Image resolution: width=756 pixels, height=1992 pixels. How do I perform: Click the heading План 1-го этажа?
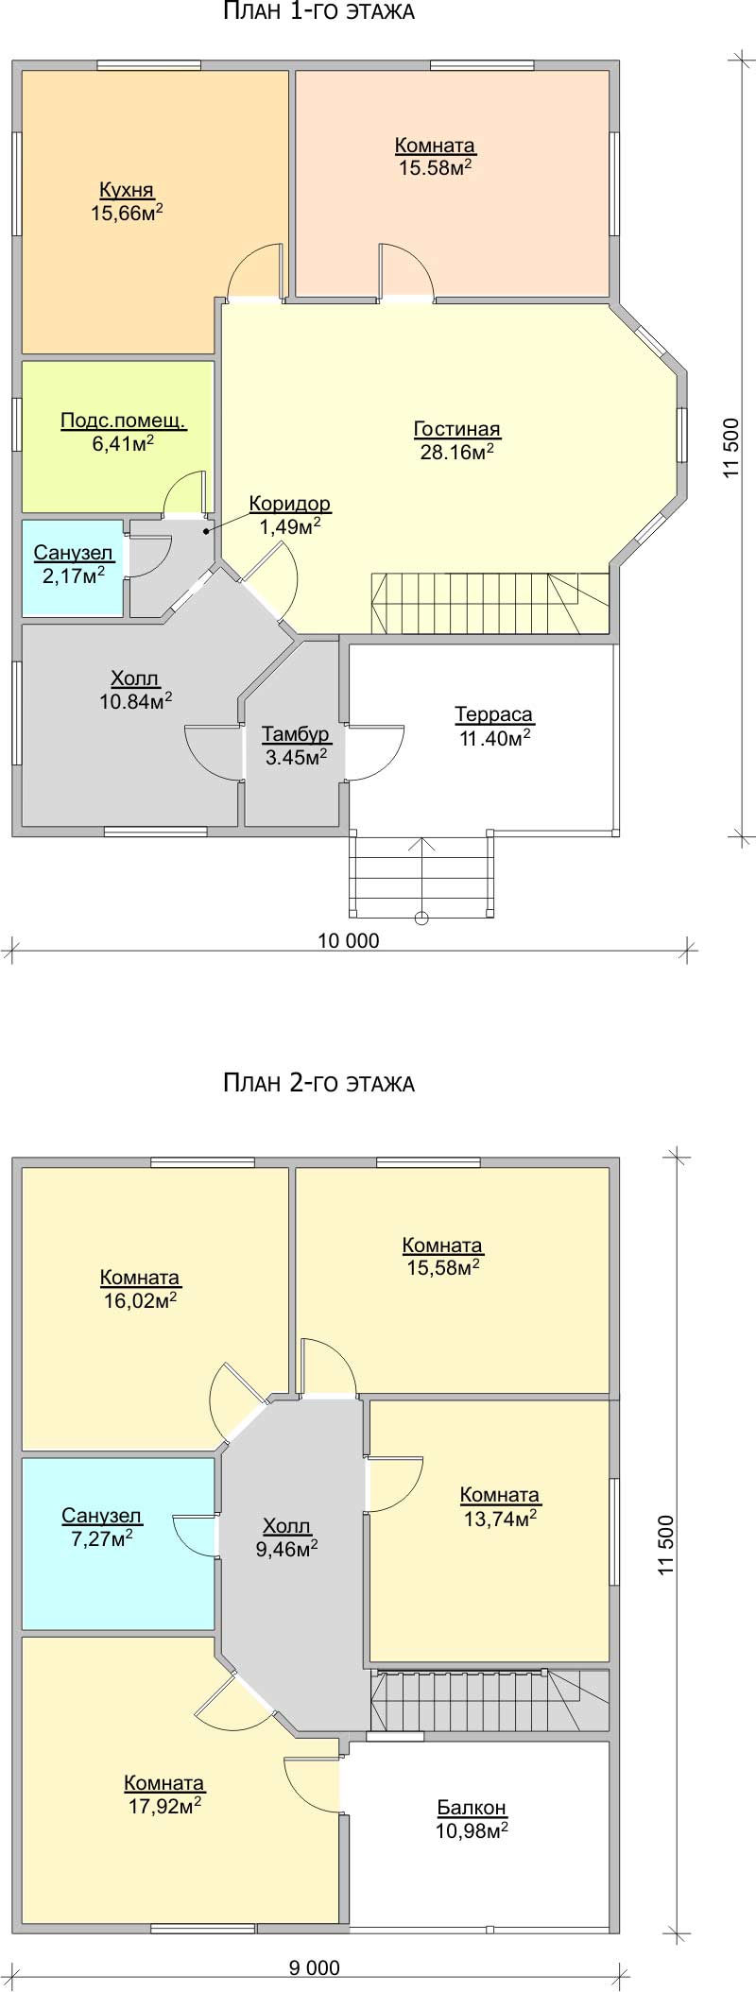point(318,12)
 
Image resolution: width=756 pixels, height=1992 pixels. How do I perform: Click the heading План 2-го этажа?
point(318,1083)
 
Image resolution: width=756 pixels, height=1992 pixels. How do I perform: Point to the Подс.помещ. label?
point(124,421)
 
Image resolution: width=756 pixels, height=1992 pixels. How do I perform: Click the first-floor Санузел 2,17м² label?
point(74,563)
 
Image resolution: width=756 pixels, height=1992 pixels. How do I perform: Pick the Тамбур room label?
point(296,733)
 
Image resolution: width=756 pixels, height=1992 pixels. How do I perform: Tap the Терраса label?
point(494,714)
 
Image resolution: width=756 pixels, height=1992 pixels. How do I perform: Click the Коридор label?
point(290,504)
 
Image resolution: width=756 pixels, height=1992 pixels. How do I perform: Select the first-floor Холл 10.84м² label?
point(135,689)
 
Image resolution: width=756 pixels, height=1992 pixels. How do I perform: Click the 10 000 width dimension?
point(348,940)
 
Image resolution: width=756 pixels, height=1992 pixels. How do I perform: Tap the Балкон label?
point(472,1807)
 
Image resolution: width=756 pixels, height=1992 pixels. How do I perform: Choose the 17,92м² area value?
point(163,1805)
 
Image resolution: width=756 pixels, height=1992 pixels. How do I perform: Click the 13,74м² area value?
point(500,1517)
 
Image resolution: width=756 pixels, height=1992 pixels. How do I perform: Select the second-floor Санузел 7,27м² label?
point(102,1527)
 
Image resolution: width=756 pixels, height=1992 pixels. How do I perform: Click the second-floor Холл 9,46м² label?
point(286,1537)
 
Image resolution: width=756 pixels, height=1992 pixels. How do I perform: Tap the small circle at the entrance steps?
point(421,917)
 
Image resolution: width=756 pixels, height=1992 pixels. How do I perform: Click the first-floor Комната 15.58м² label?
point(435,156)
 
